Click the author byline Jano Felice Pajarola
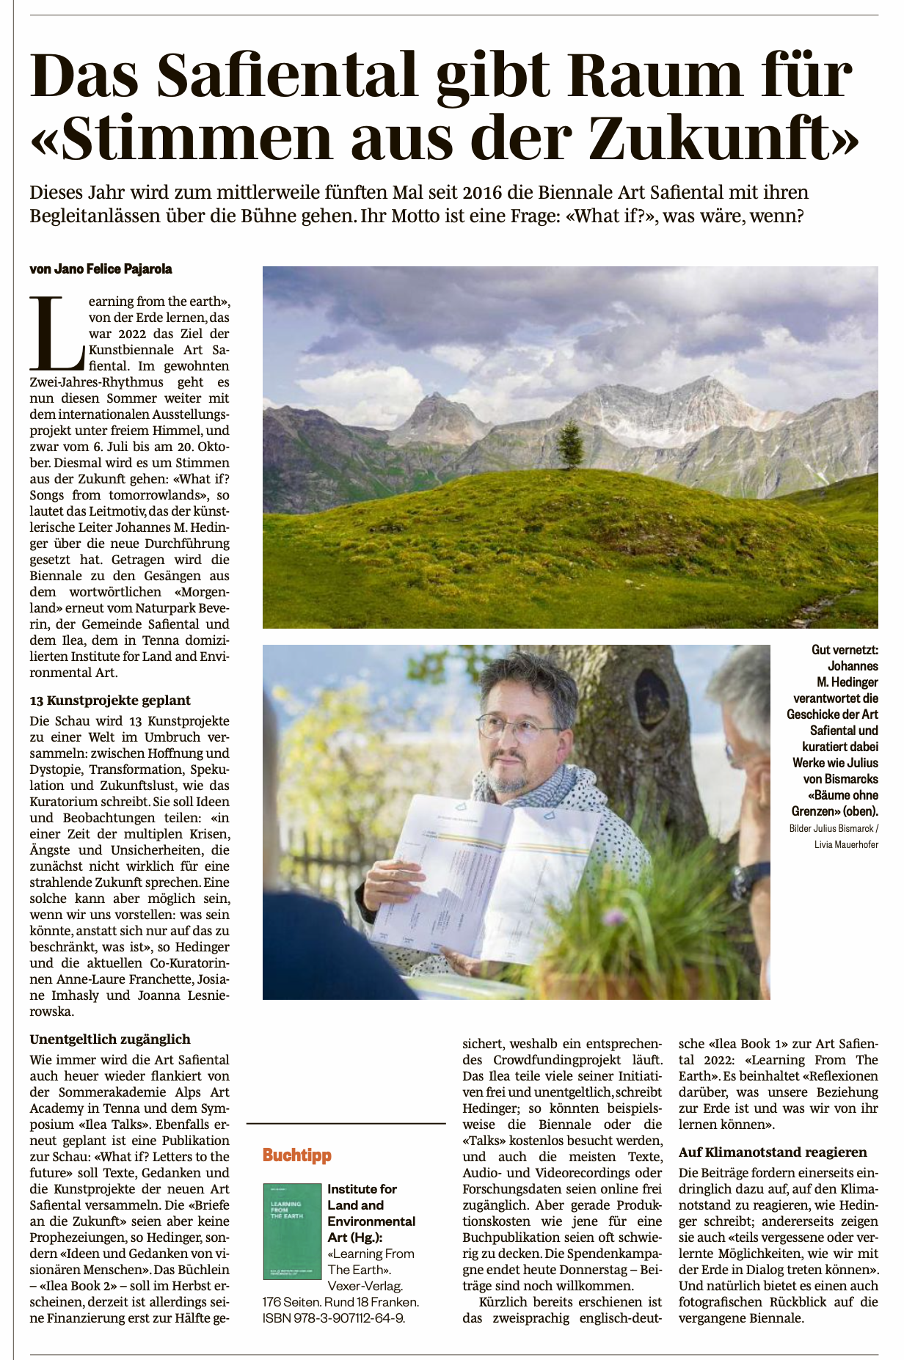(101, 269)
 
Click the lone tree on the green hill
(569, 444)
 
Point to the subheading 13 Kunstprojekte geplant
(110, 701)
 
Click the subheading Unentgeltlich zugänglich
(110, 1039)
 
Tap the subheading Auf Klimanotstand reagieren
(773, 1152)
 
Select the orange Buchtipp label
(297, 1155)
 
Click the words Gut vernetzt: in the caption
(845, 650)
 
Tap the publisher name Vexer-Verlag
(365, 1286)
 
